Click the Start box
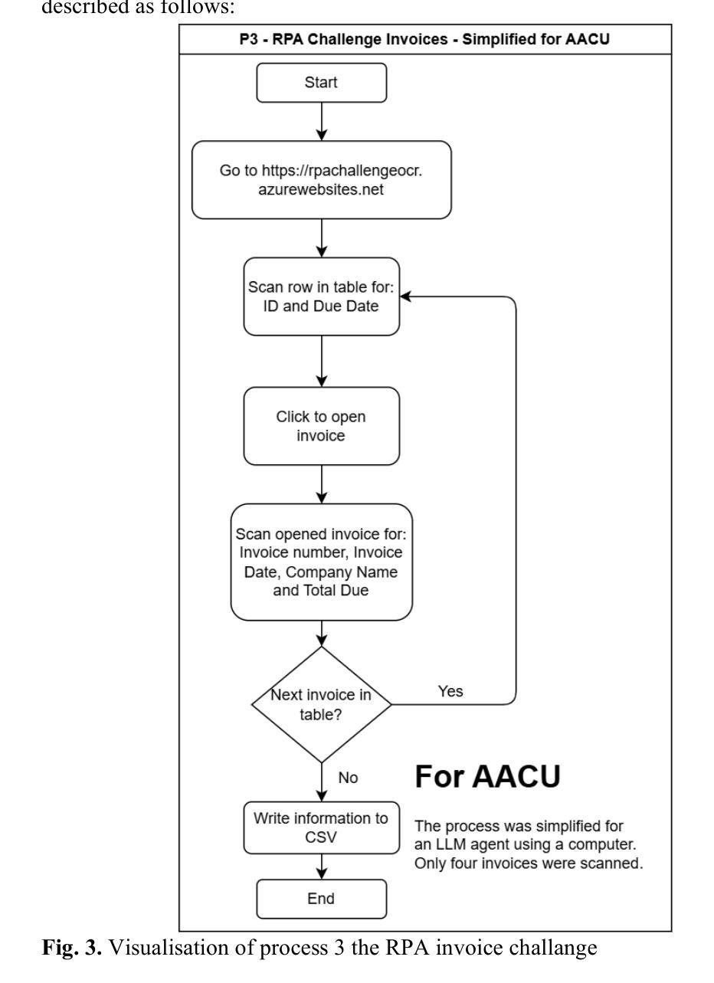point(321,83)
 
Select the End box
point(321,898)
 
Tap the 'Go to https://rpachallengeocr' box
point(321,180)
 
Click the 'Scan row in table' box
point(321,297)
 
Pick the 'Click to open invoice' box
point(321,426)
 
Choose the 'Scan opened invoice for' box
point(321,562)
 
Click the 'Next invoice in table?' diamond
point(321,704)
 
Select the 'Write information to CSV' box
point(321,827)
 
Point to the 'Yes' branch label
point(450,692)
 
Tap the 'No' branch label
point(348,778)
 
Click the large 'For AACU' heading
point(487,777)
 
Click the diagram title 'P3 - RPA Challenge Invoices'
point(424,39)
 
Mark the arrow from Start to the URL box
point(322,122)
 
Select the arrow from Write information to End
point(322,867)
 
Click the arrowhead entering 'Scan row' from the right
point(405,297)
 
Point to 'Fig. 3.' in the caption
point(71,948)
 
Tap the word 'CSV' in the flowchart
point(321,837)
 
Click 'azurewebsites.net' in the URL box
point(321,189)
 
